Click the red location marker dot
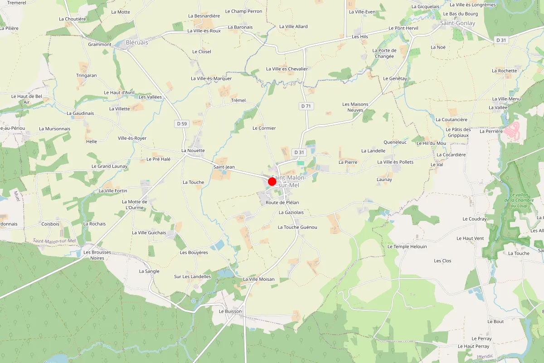pos(272,181)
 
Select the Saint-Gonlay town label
pos(458,23)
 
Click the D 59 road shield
pos(182,123)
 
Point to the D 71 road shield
pos(306,106)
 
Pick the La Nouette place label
pos(193,151)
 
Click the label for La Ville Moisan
pos(259,279)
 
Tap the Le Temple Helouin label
pos(407,247)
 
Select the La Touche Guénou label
pos(297,227)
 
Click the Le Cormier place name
pos(264,128)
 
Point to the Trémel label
pos(238,100)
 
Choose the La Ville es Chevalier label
pos(287,69)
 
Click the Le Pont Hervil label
pos(403,28)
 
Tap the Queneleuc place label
pos(395,142)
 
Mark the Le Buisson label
pos(230,312)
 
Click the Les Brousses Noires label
pos(97,255)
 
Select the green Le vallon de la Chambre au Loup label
pos(522,200)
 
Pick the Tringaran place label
pos(86,76)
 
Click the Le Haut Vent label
pos(470,238)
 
